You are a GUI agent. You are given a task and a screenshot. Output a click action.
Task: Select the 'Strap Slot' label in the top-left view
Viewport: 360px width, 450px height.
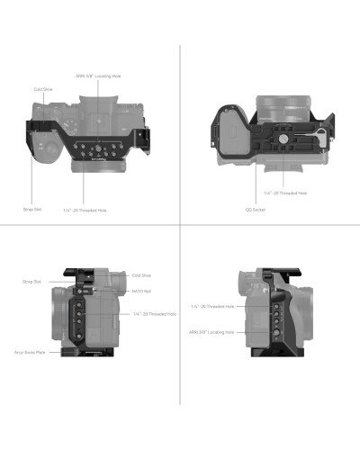32,208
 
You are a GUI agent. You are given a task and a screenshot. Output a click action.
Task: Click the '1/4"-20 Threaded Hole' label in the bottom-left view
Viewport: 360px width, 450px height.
153,314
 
